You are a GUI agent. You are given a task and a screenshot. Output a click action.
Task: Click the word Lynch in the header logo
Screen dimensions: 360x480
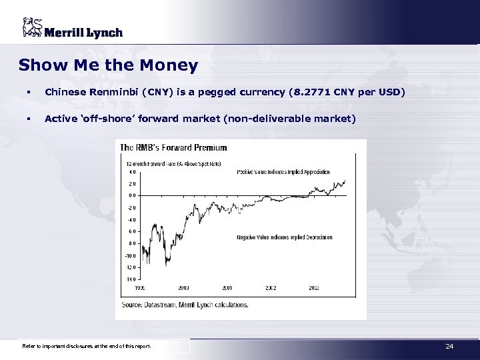[103, 32]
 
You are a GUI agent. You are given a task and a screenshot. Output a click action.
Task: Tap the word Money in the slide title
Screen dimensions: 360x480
[175, 65]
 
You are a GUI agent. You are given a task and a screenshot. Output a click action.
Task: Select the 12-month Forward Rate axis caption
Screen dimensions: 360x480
[172, 163]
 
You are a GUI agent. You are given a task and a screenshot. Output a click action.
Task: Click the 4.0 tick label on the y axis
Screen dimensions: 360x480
[133, 171]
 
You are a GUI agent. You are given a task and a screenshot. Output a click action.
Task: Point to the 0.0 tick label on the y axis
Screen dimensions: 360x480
[133, 195]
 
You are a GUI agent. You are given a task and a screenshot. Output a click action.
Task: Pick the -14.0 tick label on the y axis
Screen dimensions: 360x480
[132, 279]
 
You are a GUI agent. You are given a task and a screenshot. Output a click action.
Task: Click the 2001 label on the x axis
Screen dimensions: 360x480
[228, 287]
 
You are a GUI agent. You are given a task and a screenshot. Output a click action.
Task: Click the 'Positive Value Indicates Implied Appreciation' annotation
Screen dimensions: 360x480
[283, 172]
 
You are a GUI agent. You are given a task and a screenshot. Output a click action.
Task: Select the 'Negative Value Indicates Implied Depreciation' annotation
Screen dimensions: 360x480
[283, 237]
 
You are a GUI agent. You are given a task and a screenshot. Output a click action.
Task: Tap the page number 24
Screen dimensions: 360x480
[449, 345]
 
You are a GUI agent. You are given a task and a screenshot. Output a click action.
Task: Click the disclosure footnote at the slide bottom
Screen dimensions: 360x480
[87, 346]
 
